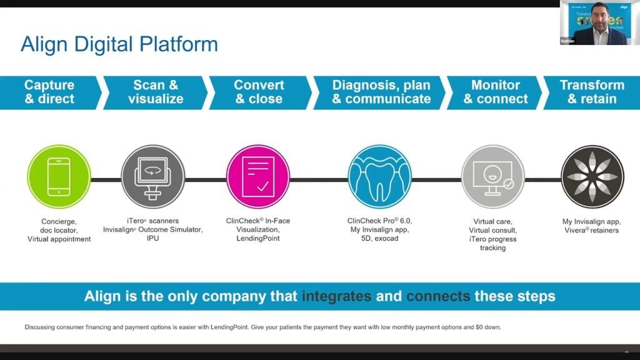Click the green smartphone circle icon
(x=59, y=176)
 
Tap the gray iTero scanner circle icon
(x=152, y=176)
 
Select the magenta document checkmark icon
(x=258, y=176)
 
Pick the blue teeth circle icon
(x=379, y=176)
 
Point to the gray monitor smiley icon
(x=493, y=176)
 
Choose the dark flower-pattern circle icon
(x=592, y=176)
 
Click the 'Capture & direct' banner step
(x=49, y=92)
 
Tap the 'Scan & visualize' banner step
(x=156, y=92)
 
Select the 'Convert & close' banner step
(x=259, y=92)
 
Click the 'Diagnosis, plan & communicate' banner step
(x=381, y=92)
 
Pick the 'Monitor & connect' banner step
(x=496, y=92)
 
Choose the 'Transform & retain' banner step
(x=592, y=92)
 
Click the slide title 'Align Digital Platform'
(x=119, y=44)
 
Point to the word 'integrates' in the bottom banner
(x=336, y=296)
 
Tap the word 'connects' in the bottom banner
(x=438, y=296)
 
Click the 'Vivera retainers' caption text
(x=592, y=230)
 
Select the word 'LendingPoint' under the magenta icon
(x=258, y=239)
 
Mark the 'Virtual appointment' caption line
(x=59, y=239)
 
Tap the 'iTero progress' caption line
(x=493, y=239)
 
